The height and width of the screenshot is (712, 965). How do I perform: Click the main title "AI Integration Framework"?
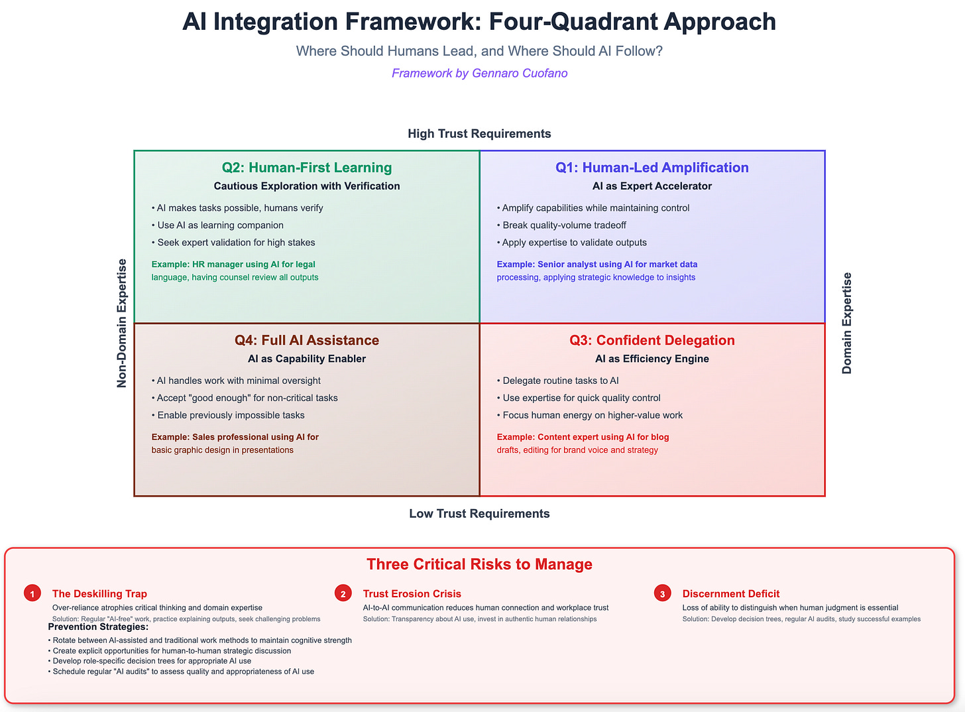click(479, 22)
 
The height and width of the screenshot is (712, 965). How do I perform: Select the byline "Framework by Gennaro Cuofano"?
click(479, 73)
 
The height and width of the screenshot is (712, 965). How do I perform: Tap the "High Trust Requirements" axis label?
click(479, 134)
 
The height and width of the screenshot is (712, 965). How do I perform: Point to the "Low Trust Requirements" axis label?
click(479, 514)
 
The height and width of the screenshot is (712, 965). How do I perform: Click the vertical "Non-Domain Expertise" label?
click(122, 323)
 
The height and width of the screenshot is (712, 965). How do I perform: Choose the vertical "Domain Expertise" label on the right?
click(847, 323)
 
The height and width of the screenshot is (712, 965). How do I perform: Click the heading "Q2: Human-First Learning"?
click(307, 168)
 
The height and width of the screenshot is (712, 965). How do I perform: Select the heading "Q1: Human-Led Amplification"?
click(652, 168)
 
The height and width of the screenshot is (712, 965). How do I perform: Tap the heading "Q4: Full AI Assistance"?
click(307, 340)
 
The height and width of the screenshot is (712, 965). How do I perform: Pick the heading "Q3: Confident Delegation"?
click(652, 340)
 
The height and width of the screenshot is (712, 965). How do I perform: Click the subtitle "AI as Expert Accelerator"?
click(652, 186)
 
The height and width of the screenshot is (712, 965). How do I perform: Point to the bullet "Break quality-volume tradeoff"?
click(564, 225)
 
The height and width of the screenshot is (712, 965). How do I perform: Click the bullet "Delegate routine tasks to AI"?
click(561, 381)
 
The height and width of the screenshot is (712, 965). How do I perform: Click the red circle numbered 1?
click(32, 593)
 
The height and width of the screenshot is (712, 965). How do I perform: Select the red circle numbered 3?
click(662, 593)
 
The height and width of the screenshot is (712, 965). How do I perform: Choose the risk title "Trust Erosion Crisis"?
click(412, 594)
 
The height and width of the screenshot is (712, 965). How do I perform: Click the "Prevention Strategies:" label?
click(98, 627)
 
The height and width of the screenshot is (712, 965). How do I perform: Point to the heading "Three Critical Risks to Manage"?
click(479, 564)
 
